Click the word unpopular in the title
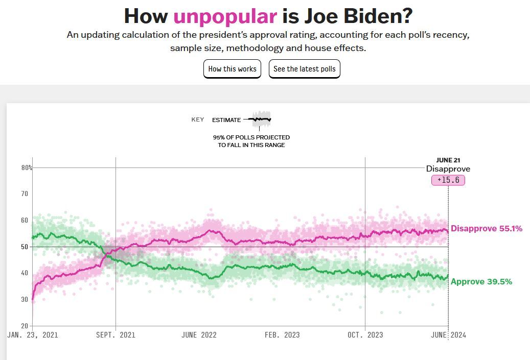225,16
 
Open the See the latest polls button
304,69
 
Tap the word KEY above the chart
198,120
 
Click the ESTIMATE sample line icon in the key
261,119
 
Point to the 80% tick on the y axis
27,167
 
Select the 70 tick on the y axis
25,194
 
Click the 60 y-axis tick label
25,220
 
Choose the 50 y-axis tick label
25,247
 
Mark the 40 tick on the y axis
25,273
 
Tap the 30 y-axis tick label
25,299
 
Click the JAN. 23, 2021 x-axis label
33,335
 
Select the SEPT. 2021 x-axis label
116,335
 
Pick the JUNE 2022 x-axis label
199,335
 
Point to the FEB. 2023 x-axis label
282,335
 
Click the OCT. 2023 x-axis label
365,335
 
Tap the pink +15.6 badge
448,180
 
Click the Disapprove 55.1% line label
486,229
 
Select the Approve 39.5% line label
481,282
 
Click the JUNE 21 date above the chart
448,160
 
